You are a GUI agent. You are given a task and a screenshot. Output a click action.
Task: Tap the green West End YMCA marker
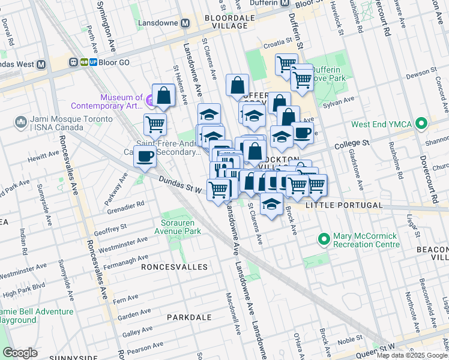tap(421, 124)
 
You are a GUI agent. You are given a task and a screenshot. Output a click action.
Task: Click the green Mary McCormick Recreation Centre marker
tap(324, 239)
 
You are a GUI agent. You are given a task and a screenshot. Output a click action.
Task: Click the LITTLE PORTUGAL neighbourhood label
tap(343, 205)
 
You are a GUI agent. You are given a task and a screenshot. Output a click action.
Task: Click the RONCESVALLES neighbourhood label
tap(174, 266)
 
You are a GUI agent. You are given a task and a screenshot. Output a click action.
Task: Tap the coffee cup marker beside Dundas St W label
tap(145, 157)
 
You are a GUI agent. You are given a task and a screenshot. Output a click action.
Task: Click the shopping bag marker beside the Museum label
tap(163, 95)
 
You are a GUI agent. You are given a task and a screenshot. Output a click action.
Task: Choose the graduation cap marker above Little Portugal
tap(272, 204)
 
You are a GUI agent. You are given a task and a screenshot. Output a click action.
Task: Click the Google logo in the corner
tap(20, 353)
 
